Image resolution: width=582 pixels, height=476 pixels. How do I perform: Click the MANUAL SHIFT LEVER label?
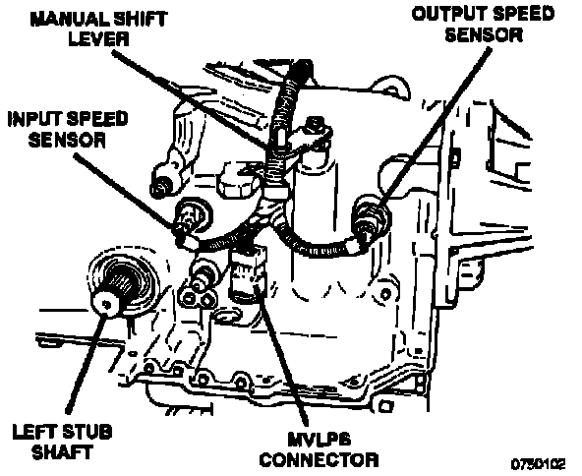(98, 29)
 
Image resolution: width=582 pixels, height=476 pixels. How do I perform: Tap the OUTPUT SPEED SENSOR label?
(484, 25)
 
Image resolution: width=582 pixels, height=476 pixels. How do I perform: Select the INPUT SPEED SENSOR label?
(68, 129)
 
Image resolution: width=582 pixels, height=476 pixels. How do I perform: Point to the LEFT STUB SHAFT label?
(62, 442)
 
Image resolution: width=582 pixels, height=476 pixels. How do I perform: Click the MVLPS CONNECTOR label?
(319, 449)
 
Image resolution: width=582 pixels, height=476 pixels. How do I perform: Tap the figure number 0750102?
(538, 464)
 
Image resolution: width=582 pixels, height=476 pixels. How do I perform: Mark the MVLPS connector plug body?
(247, 272)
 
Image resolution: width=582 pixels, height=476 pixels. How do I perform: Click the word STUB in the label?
(87, 432)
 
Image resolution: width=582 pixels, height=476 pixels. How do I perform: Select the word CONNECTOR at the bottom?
(320, 459)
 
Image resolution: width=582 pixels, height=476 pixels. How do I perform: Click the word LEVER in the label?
(98, 38)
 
